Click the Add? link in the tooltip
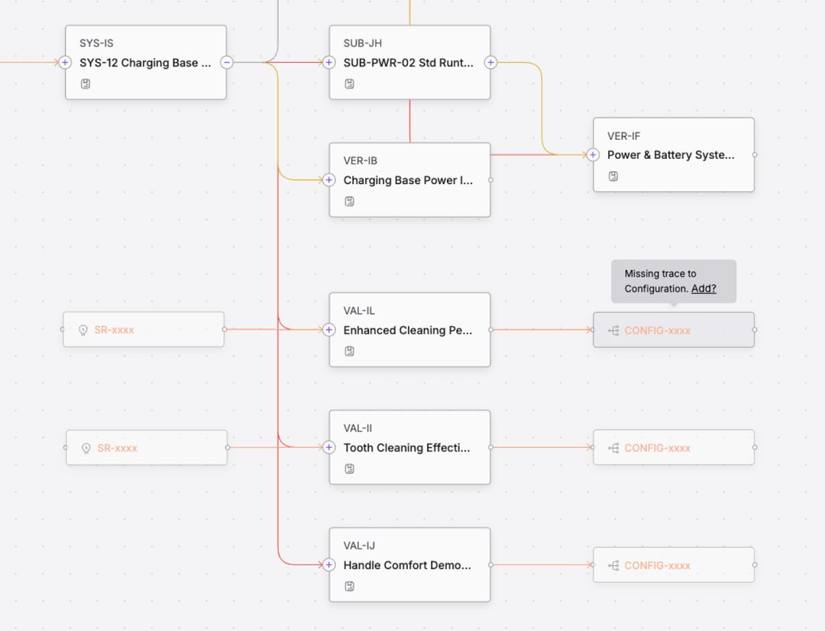[704, 289]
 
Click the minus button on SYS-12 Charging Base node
[227, 62]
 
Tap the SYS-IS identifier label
[96, 43]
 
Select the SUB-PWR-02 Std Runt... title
[408, 63]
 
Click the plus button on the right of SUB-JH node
[490, 62]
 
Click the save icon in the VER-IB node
[349, 201]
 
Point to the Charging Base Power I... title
[408, 180]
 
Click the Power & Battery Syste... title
[671, 155]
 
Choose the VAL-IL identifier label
[359, 310]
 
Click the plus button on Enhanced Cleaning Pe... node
[328, 329]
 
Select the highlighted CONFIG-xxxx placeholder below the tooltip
[674, 330]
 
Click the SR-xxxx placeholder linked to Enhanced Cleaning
[144, 329]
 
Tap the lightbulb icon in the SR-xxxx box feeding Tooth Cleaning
[86, 448]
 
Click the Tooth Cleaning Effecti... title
[406, 448]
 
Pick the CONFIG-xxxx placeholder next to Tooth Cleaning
[674, 448]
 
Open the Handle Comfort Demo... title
[407, 565]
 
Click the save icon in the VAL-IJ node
[349, 586]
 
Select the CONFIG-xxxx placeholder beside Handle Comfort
[674, 565]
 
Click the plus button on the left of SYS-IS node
[65, 62]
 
